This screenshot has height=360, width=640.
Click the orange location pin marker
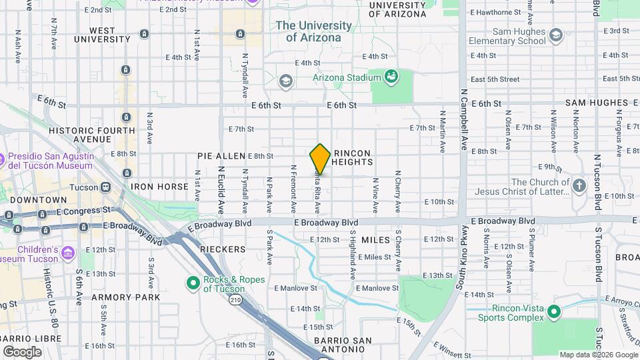pyautogui.click(x=320, y=159)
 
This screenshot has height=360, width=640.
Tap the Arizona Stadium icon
pyautogui.click(x=391, y=77)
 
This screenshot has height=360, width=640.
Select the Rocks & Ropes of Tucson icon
pyautogui.click(x=193, y=284)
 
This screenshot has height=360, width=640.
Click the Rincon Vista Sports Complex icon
pyautogui.click(x=553, y=312)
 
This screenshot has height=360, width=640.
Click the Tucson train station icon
pyautogui.click(x=105, y=187)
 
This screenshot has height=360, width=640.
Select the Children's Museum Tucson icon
pyautogui.click(x=69, y=253)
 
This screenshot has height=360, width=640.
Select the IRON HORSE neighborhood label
pyautogui.click(x=159, y=187)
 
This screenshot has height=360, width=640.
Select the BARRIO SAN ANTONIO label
pyautogui.click(x=343, y=345)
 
